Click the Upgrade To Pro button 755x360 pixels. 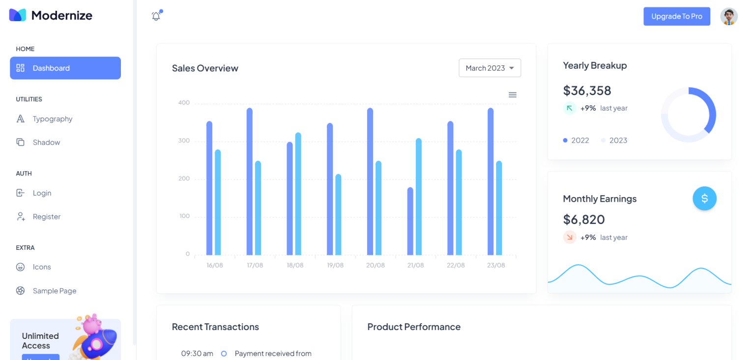pyautogui.click(x=676, y=16)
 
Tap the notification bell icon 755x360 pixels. pyautogui.click(x=156, y=16)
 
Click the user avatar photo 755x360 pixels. pyautogui.click(x=729, y=16)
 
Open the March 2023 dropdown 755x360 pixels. pyautogui.click(x=490, y=68)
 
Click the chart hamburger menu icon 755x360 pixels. pyautogui.click(x=512, y=95)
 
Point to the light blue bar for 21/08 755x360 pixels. pyautogui.click(x=419, y=197)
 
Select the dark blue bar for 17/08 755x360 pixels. pyautogui.click(x=249, y=181)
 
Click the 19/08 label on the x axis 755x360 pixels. pyautogui.click(x=335, y=265)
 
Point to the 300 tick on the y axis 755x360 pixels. pyautogui.click(x=184, y=141)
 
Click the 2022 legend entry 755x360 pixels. pyautogui.click(x=576, y=140)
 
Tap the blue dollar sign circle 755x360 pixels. pyautogui.click(x=704, y=198)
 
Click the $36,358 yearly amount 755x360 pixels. pyautogui.click(x=587, y=90)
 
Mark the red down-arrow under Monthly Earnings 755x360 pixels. pyautogui.click(x=570, y=238)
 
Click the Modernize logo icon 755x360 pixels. pyautogui.click(x=18, y=15)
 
